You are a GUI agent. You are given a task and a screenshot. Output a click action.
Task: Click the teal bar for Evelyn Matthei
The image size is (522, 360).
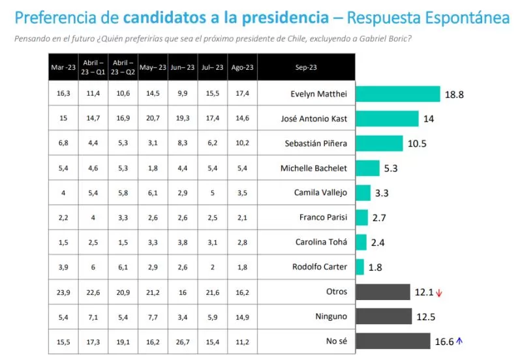(398, 94)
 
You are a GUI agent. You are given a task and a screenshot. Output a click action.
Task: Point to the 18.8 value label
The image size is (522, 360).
(454, 95)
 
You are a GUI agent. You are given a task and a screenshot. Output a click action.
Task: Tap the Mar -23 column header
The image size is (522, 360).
(63, 67)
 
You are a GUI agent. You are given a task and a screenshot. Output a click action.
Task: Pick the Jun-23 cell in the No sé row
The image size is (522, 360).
(183, 341)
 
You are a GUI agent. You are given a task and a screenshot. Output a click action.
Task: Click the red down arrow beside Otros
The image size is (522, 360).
(438, 293)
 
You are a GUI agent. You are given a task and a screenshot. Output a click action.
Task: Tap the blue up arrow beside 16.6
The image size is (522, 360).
(459, 340)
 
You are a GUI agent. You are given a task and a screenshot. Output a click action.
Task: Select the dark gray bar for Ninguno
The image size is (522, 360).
(384, 316)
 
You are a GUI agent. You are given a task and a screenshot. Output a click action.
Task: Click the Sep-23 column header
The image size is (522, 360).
(306, 67)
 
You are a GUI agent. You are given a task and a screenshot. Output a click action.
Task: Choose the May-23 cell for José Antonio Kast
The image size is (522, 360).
(153, 119)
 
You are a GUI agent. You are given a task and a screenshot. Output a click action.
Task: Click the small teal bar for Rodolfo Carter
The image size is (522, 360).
(360, 267)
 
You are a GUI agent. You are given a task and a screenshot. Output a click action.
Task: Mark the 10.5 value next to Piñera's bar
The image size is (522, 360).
(417, 144)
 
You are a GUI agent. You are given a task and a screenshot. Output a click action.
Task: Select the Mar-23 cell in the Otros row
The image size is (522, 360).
(63, 292)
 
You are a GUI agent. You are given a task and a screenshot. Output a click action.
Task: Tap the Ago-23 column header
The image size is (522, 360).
(242, 67)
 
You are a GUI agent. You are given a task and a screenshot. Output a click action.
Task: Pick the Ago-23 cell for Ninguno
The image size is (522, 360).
(242, 316)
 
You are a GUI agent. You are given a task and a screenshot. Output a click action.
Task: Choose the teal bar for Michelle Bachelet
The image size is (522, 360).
(367, 168)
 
